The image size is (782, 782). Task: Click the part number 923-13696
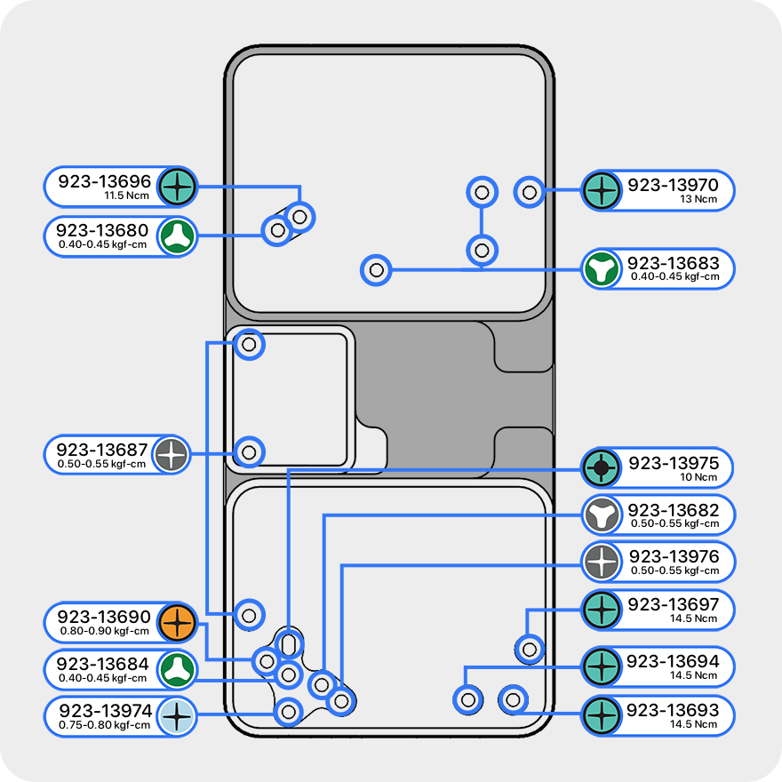point(105,181)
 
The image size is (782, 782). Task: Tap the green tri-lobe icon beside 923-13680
point(178,236)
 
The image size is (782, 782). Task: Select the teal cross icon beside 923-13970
point(602,189)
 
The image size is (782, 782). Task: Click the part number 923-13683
point(673,263)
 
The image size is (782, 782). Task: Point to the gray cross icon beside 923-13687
point(172,454)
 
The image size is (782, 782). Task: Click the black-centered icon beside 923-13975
point(602,467)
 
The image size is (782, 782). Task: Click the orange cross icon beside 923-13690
point(177,623)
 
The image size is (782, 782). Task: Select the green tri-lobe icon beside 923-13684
point(177,669)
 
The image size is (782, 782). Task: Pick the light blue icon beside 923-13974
point(177,716)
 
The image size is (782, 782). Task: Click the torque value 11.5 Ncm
point(126,195)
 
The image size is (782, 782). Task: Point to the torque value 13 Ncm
point(698,199)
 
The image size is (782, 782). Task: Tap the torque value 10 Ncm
point(698,477)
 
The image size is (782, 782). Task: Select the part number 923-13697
point(673,604)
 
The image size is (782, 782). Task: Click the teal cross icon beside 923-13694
point(602,665)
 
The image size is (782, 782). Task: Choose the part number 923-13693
point(673,711)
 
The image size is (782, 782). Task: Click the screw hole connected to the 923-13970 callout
point(530,191)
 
